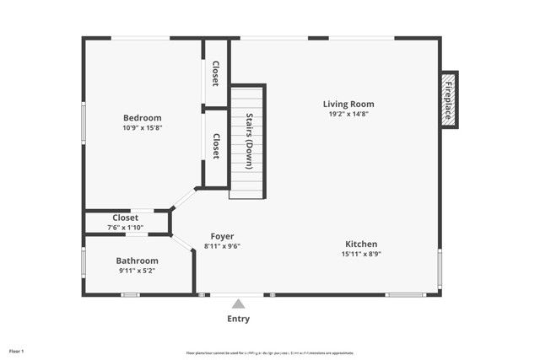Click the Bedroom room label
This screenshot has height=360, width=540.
pos(142,118)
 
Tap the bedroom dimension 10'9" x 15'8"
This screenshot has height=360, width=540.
pos(142,128)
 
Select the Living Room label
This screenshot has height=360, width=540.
pos(348,104)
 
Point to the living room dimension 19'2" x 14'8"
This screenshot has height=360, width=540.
pos(348,114)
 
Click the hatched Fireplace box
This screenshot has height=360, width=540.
pos(450,99)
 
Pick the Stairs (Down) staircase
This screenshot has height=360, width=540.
pos(248,141)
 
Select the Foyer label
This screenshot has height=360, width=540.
pos(223,236)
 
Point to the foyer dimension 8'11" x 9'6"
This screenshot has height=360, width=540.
pos(223,246)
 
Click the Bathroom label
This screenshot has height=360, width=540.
pos(137,261)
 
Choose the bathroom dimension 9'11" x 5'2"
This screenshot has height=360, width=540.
pos(137,271)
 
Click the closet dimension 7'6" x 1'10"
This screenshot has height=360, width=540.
pos(125,228)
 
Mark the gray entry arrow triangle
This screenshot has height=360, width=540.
pos(239,304)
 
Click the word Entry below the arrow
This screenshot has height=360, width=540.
pos(239,320)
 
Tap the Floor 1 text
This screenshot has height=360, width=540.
pos(17,351)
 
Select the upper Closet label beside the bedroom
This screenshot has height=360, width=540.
pos(216,73)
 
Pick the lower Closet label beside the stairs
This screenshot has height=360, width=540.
pos(216,147)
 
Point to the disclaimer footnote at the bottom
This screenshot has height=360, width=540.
pos(269,352)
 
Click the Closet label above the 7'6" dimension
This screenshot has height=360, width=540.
pos(125,218)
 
